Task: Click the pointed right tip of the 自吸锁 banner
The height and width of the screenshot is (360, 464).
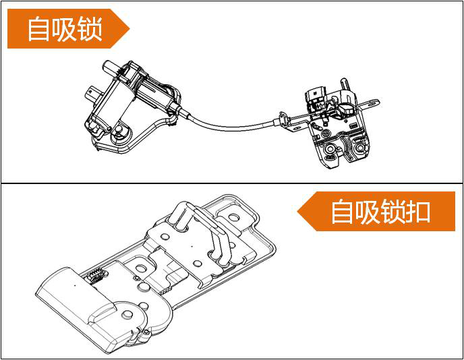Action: click(128, 29)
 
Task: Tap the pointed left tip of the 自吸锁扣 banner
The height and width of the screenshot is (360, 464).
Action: click(299, 210)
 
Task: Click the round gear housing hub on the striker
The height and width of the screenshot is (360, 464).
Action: click(126, 314)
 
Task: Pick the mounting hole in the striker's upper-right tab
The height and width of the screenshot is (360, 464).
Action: click(234, 218)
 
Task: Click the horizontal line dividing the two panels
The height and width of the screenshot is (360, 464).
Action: click(232, 183)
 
